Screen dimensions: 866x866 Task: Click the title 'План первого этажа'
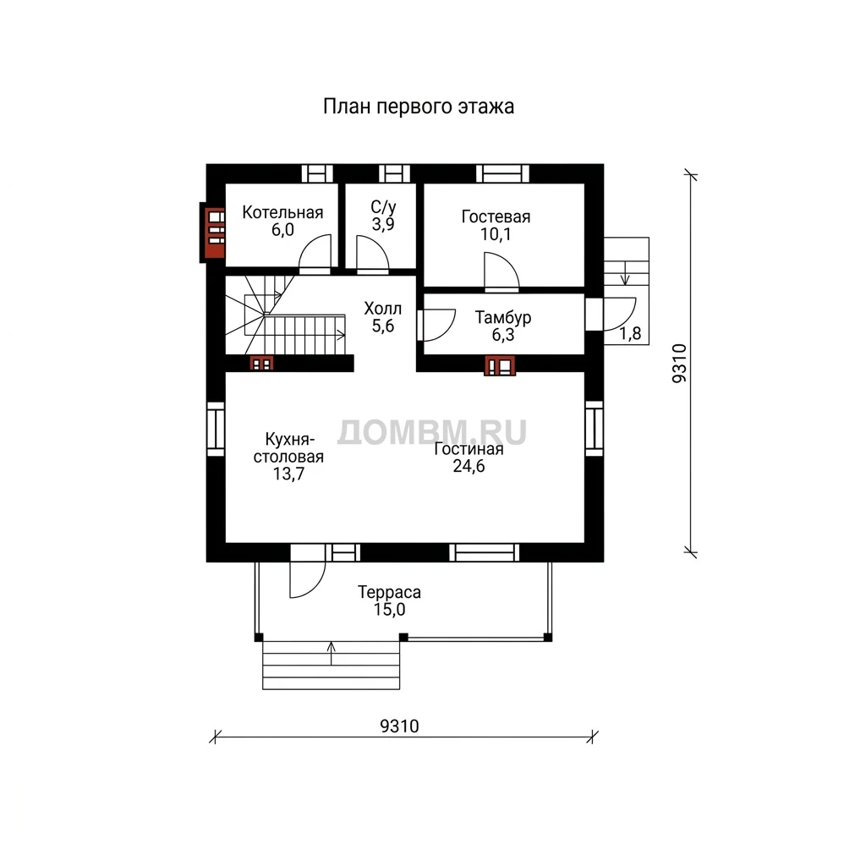coord(418,107)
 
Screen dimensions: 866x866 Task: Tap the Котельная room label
coord(282,212)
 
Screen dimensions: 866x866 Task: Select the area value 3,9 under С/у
coord(383,225)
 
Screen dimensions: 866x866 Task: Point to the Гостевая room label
coord(496,216)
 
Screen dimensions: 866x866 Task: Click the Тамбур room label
coord(502,317)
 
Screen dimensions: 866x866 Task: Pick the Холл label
coord(383,308)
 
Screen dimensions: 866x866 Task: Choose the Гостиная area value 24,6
coord(469,466)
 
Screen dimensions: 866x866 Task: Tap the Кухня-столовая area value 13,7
coord(289,474)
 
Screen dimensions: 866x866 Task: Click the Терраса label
coord(389,592)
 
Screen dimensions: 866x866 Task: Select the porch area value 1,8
coord(630,333)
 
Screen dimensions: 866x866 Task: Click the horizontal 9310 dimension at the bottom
coord(399,726)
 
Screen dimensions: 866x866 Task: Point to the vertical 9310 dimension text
coord(679,363)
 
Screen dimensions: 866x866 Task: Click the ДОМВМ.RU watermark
coord(432,432)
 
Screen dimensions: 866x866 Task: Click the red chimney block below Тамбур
coord(500,365)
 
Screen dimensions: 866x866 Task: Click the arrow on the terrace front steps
coord(332,654)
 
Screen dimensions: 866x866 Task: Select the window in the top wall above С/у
coord(394,173)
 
